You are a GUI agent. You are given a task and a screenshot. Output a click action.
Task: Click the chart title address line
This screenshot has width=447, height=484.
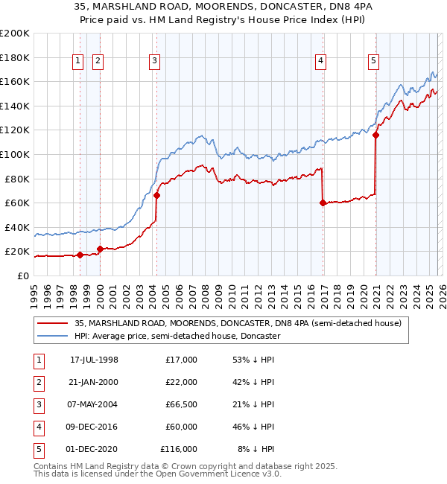click(x=223, y=7)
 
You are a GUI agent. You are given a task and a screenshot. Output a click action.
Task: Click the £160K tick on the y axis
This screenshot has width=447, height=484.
click(x=15, y=81)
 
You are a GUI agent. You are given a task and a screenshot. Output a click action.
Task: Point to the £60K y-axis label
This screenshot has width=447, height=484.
click(x=17, y=203)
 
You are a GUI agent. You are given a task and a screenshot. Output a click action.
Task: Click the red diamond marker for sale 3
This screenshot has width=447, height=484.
click(x=157, y=196)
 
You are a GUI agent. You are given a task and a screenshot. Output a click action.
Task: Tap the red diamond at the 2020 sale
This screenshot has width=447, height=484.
click(x=376, y=136)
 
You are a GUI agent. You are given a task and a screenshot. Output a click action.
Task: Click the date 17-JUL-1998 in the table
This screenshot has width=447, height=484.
click(x=94, y=360)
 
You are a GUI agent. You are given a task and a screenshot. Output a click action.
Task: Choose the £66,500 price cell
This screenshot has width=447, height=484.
click(x=179, y=404)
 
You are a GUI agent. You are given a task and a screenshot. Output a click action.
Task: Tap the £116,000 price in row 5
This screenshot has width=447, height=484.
click(x=178, y=449)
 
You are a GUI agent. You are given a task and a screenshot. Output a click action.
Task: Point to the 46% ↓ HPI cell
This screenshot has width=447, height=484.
click(x=253, y=427)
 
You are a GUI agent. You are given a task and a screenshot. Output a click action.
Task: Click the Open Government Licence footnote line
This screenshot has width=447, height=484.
click(x=158, y=474)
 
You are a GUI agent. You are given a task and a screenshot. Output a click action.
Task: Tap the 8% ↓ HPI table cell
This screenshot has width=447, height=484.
click(x=256, y=449)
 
